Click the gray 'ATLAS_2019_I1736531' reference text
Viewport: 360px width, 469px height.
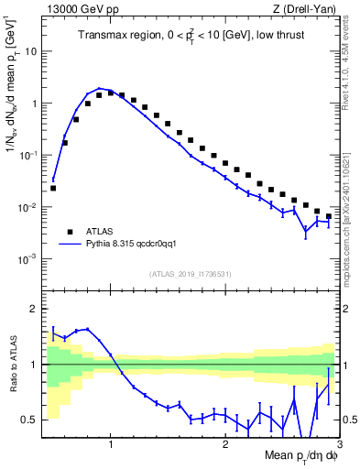tap(191, 274)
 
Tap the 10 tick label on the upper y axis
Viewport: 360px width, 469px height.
tap(31, 51)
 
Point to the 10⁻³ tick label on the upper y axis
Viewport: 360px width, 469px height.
tap(29, 259)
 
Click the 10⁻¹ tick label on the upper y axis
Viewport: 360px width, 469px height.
tap(29, 156)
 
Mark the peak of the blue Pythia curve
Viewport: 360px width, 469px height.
tap(99, 88)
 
